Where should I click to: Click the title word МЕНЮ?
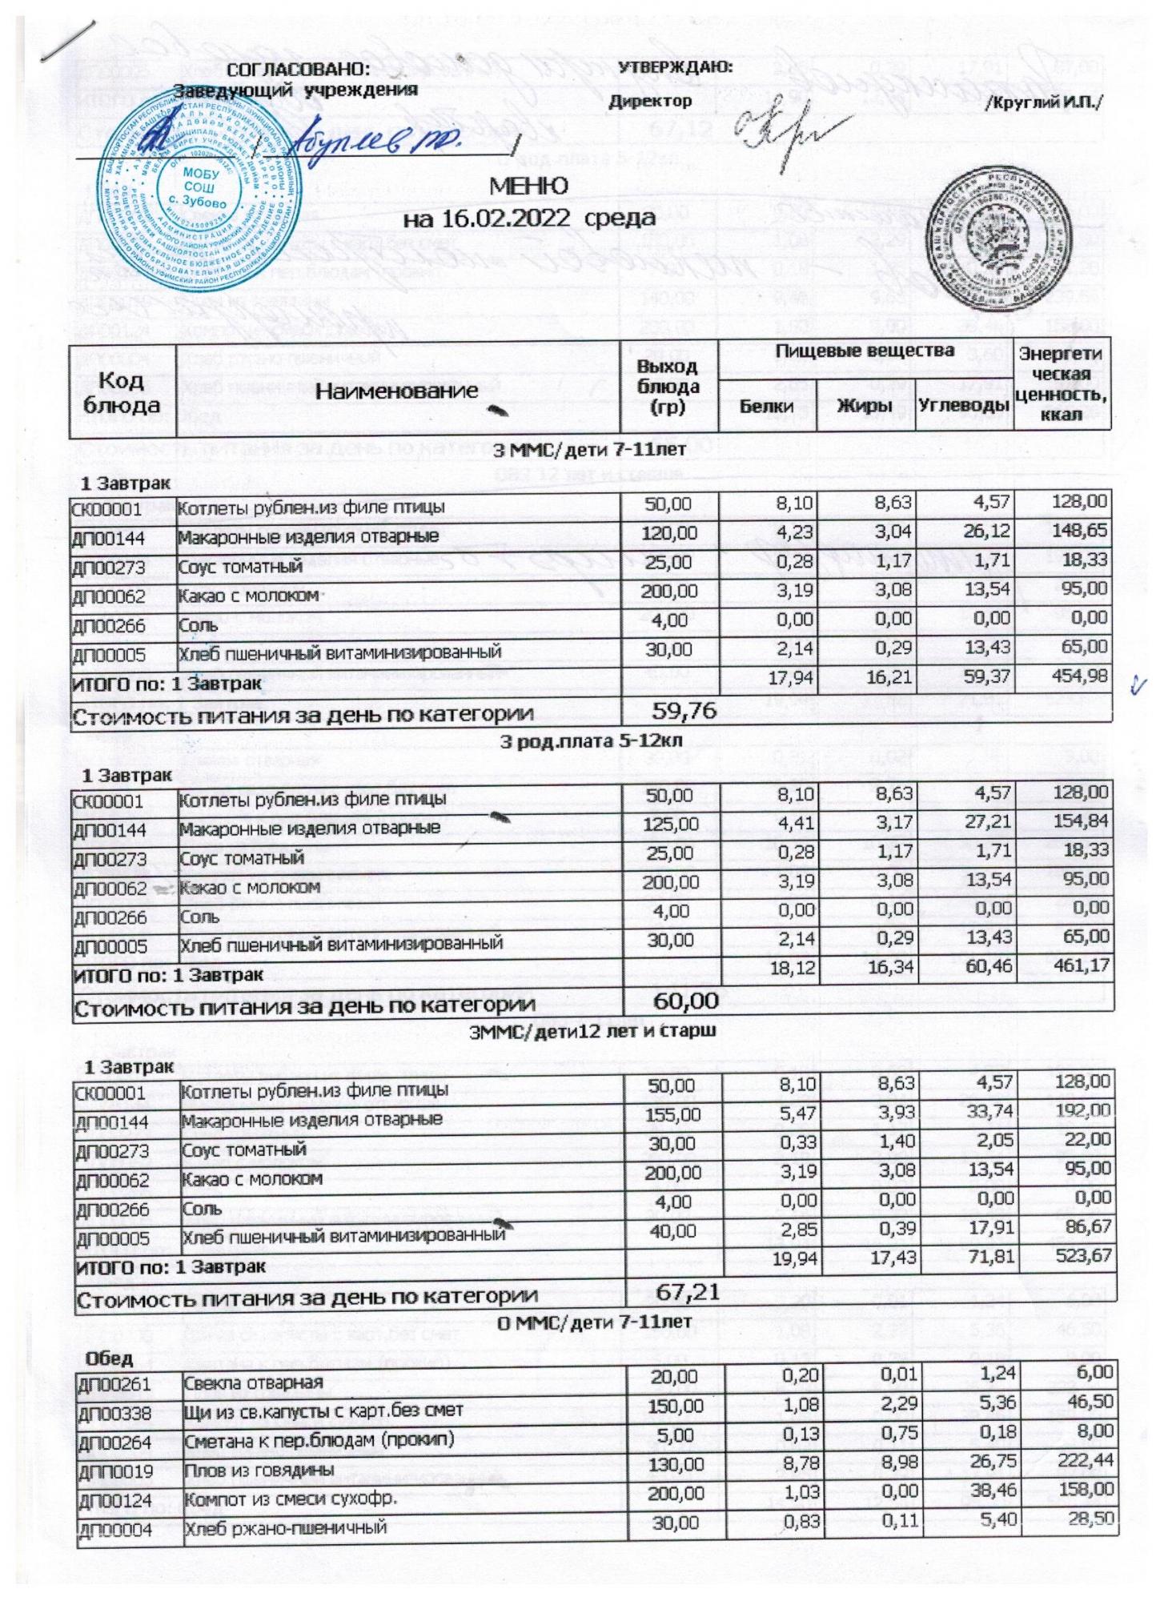coord(528,187)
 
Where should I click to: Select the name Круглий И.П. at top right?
coord(1046,103)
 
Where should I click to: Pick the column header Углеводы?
coord(964,406)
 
